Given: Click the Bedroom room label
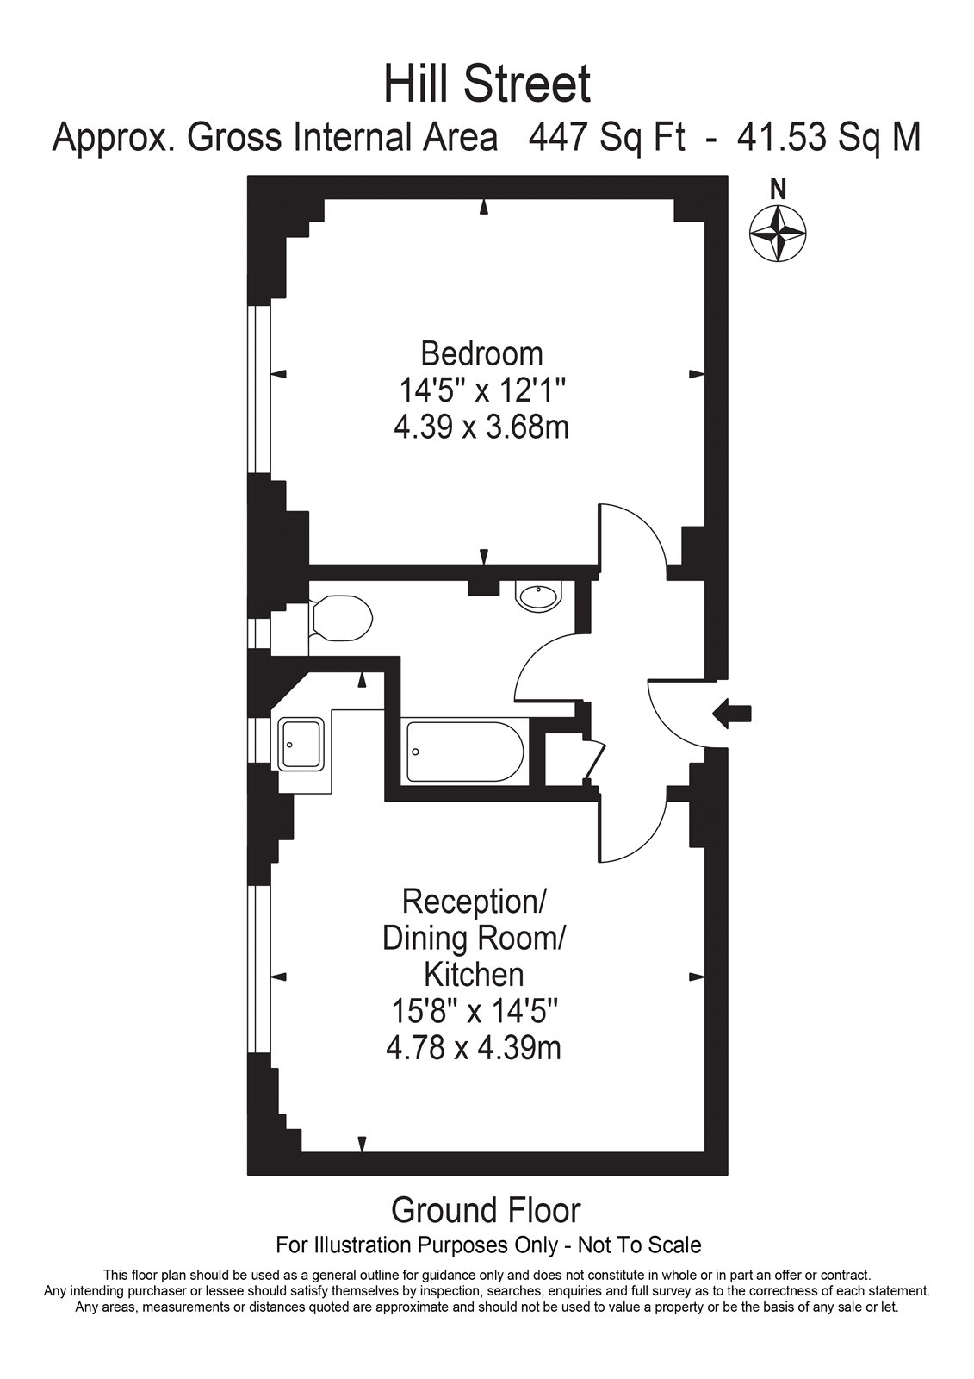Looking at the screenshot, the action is pyautogui.click(x=481, y=354).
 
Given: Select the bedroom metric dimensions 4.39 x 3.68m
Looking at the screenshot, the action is pyautogui.click(x=481, y=427).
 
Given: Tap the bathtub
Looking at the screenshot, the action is pyautogui.click(x=464, y=752).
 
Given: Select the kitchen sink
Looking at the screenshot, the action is pyautogui.click(x=301, y=745).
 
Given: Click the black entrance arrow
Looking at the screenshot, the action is pyautogui.click(x=732, y=714).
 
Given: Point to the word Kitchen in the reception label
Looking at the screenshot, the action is pyautogui.click(x=474, y=975).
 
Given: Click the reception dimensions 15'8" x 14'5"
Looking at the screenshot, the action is pyautogui.click(x=474, y=1011).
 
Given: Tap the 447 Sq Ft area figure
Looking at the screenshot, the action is pyautogui.click(x=606, y=138).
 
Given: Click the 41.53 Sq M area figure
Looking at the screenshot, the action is pyautogui.click(x=828, y=138).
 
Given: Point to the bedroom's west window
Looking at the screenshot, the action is pyautogui.click(x=259, y=389).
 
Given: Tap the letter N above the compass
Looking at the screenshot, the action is pyautogui.click(x=779, y=190).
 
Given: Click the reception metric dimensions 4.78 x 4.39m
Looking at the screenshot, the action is pyautogui.click(x=474, y=1047).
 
